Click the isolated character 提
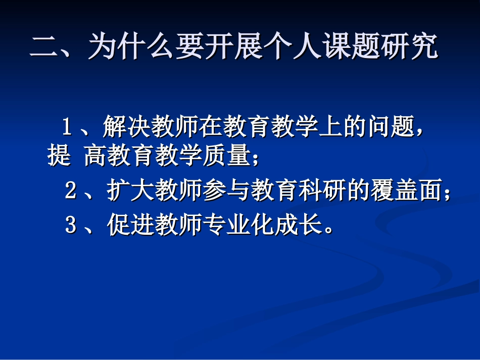pos(59,157)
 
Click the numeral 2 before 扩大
pos(71,191)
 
